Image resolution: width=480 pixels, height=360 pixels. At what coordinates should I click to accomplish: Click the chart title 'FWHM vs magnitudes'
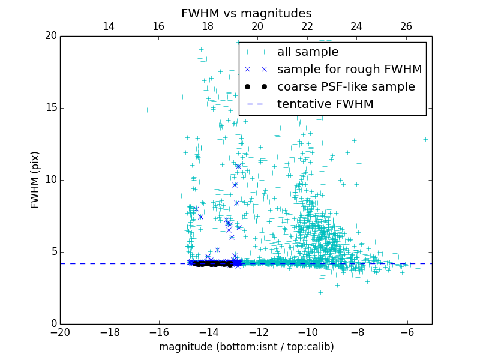[x=246, y=13]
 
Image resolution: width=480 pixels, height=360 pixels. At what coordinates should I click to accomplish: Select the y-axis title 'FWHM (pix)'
[x=35, y=179]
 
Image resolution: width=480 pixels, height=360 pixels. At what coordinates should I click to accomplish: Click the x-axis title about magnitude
[x=246, y=347]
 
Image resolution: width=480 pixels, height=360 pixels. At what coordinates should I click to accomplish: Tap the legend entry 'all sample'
[x=308, y=52]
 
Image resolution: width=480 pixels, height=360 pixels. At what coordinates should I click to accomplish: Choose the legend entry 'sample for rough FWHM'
[x=349, y=70]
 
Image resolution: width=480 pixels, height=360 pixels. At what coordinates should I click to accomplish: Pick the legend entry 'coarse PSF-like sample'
[x=346, y=87]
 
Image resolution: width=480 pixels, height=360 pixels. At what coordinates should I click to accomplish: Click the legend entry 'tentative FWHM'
[x=325, y=104]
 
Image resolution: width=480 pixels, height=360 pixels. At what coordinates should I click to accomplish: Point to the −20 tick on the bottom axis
[x=60, y=332]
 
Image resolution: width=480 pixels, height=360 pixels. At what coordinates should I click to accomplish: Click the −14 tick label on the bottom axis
[x=209, y=332]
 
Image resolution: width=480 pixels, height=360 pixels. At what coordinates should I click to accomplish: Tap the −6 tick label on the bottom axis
[x=407, y=332]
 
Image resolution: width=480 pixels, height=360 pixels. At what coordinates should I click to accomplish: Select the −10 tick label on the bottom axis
[x=308, y=332]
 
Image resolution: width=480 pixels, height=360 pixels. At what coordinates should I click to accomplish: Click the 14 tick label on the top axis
[x=109, y=26]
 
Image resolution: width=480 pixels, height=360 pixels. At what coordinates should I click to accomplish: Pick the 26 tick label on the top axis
[x=406, y=26]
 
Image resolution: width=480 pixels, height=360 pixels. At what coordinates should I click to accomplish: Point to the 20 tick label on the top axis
[x=257, y=26]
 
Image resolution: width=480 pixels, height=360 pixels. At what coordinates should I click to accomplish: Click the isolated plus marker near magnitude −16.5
[x=147, y=110]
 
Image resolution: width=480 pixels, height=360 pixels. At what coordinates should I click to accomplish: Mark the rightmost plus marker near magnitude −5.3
[x=425, y=139]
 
